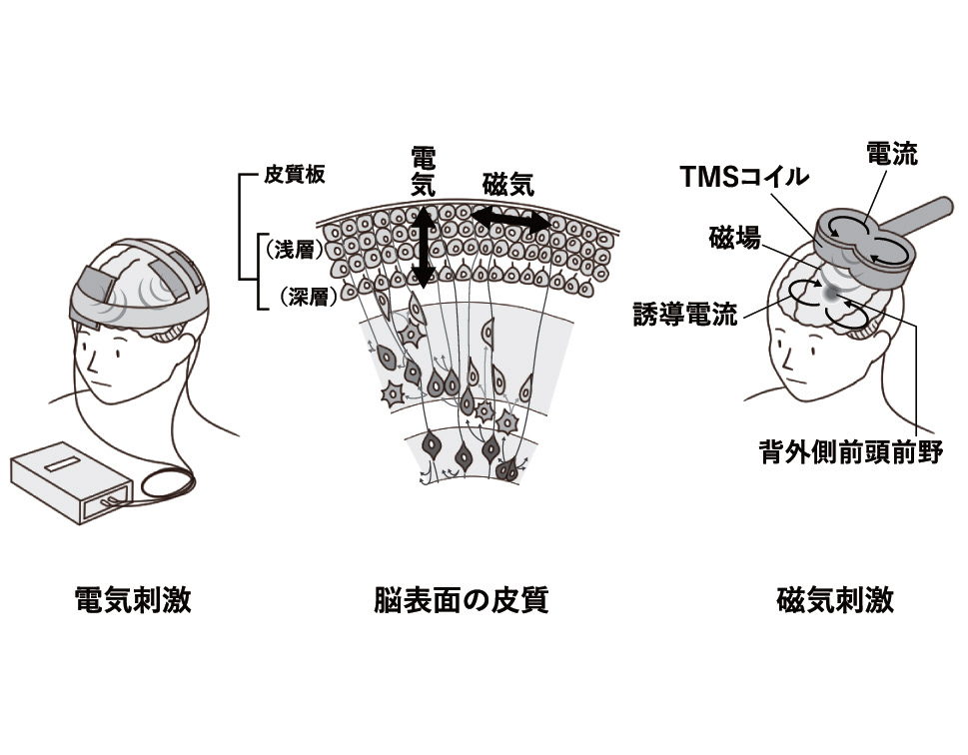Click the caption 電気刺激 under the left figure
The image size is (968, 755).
(133, 600)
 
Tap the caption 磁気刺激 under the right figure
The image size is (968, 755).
(834, 600)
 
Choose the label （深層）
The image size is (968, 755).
(295, 297)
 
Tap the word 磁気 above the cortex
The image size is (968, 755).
(507, 185)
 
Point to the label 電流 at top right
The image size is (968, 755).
(891, 154)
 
